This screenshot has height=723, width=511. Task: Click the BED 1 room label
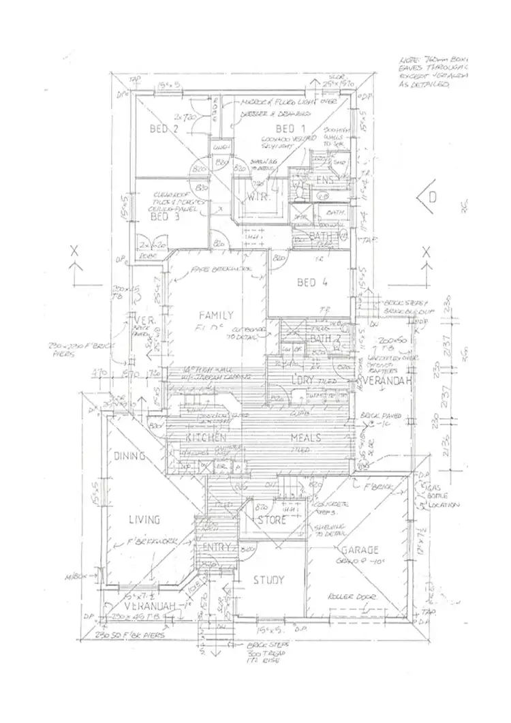[291, 129]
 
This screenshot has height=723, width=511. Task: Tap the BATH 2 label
[320, 339]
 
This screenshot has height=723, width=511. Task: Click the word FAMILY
[216, 315]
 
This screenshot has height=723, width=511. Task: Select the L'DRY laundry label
[303, 380]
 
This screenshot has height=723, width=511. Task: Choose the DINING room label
[130, 456]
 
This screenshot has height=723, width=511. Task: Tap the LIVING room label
[144, 520]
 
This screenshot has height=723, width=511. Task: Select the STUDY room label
[268, 580]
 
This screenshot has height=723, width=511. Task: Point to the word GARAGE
[360, 550]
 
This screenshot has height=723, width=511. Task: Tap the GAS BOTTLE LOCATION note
[444, 497]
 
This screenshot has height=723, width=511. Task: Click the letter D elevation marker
[432, 197]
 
